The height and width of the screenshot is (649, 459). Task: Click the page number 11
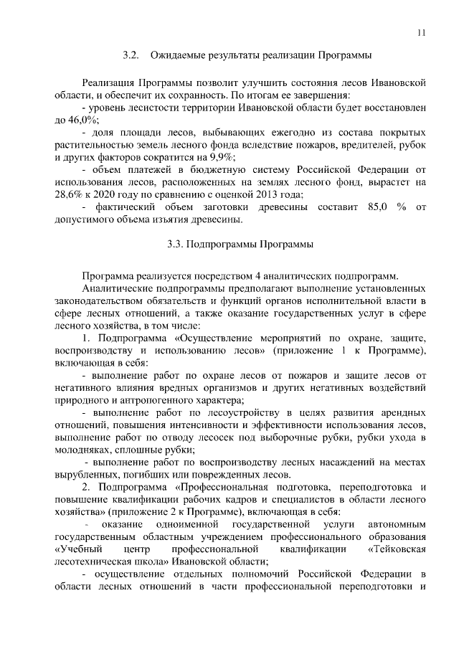(x=422, y=32)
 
